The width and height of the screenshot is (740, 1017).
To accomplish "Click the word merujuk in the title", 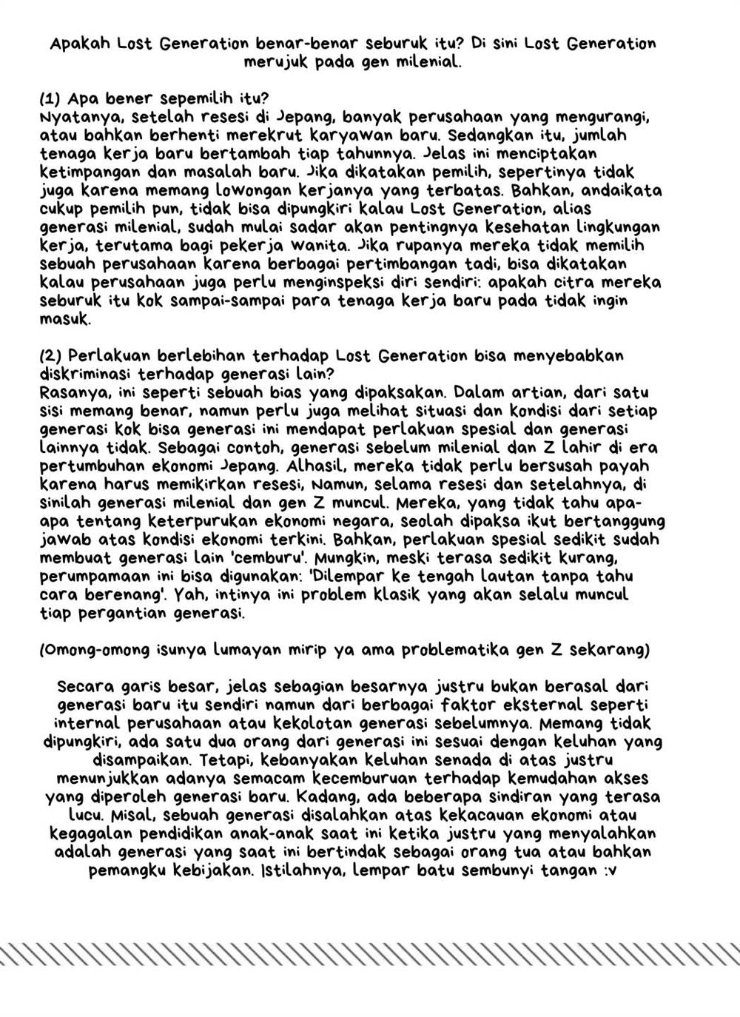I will [x=275, y=62].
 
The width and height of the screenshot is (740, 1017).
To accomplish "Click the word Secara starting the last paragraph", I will [x=84, y=686].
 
